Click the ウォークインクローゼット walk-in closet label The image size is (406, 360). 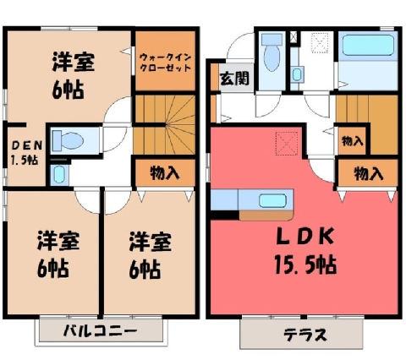click(x=166, y=63)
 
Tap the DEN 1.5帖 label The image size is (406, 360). click(x=26, y=153)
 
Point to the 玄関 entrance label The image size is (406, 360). click(x=234, y=79)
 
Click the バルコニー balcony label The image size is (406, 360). click(x=101, y=330)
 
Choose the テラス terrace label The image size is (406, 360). click(x=305, y=335)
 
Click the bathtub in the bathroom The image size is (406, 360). click(x=368, y=45)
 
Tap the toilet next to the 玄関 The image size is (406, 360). click(x=272, y=52)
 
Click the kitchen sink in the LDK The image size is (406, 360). click(x=272, y=200)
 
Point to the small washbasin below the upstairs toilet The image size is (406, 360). click(x=59, y=175)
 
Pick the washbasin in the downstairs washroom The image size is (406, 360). click(x=297, y=74)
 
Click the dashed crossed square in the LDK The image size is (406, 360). click(x=287, y=144)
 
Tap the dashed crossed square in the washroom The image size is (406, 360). click(x=320, y=43)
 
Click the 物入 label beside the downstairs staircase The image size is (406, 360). click(x=352, y=140)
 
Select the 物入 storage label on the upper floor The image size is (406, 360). click(x=165, y=172)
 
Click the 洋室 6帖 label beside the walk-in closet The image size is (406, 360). click(x=74, y=74)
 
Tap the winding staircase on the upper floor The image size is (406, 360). click(x=165, y=124)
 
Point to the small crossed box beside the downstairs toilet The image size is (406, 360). click(x=294, y=37)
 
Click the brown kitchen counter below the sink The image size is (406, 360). click(x=266, y=215)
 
